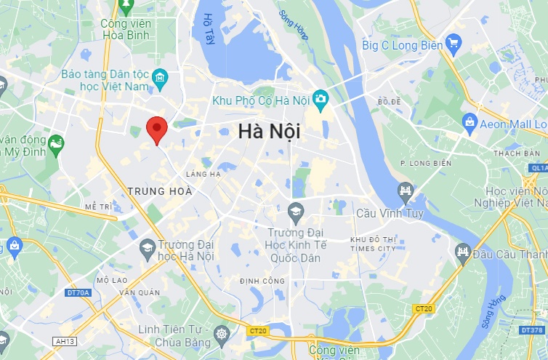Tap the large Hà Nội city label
click(x=269, y=132)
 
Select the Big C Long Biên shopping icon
click(x=454, y=42)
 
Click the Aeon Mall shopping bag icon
click(x=470, y=121)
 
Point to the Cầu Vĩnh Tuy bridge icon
click(x=406, y=193)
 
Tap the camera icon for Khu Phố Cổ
click(x=321, y=98)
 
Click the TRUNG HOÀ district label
click(x=160, y=191)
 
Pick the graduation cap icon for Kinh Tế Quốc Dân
click(x=295, y=212)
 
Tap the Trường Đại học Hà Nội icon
click(x=148, y=247)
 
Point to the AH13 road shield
click(x=65, y=341)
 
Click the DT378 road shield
click(x=532, y=330)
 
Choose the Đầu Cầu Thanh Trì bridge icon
click(x=463, y=253)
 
